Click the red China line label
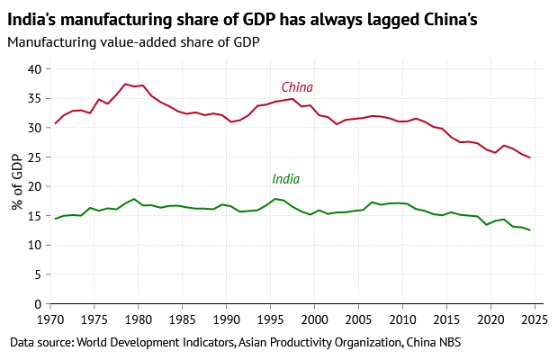pyautogui.click(x=297, y=87)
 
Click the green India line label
pyautogui.click(x=285, y=180)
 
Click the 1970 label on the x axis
pyautogui.click(x=50, y=319)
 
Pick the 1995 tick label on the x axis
pyautogui.click(x=271, y=319)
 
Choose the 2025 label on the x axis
pyautogui.click(x=535, y=319)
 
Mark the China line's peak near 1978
pyautogui.click(x=125, y=84)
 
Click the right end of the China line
pyautogui.click(x=530, y=157)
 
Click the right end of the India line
pyautogui.click(x=530, y=230)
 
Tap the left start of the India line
pyautogui.click(x=55, y=219)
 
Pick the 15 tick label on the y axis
pyautogui.click(x=35, y=216)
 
